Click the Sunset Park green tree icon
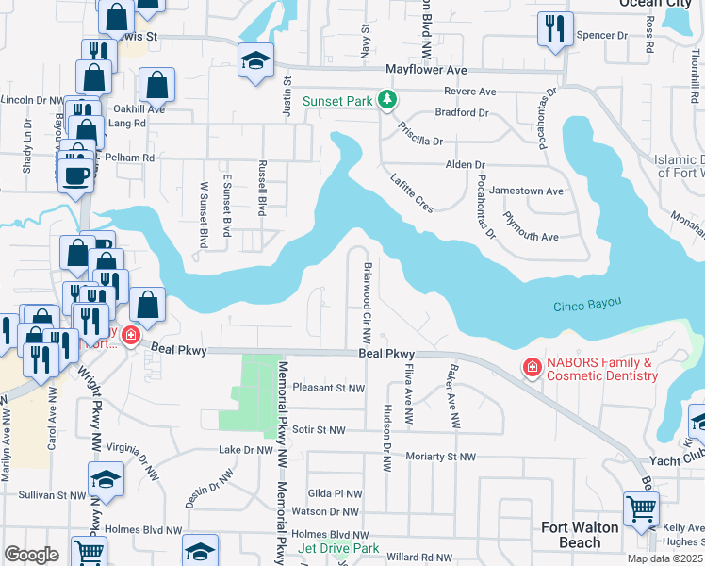point(385,99)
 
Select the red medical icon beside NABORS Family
point(532,366)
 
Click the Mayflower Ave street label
point(426,70)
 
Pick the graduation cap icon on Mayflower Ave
point(255,59)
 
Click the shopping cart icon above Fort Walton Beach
point(641,508)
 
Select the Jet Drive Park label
point(338,548)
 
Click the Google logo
point(31,555)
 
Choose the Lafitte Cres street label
point(412,189)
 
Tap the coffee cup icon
point(75,175)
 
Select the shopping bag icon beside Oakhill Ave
point(157,85)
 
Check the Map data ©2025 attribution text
point(665,558)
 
